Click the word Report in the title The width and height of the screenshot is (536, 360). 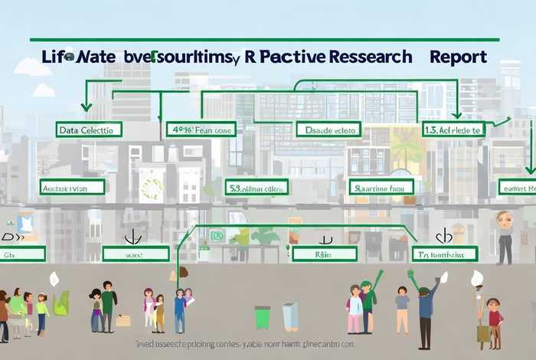point(459,58)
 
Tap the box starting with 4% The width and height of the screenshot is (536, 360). point(200,129)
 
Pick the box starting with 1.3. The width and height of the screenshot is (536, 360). point(454,129)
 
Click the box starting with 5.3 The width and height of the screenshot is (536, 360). point(257,187)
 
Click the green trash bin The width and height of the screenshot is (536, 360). point(263,317)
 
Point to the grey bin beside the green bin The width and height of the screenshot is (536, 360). point(290,316)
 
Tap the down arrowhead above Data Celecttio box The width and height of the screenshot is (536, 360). point(86,107)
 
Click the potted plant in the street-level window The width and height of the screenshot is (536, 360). point(265,237)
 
